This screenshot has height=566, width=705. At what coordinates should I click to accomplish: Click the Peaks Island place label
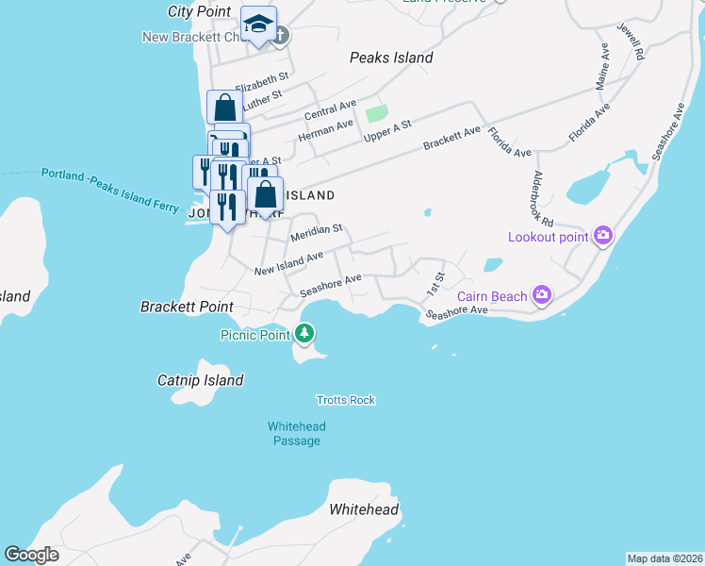click(x=391, y=58)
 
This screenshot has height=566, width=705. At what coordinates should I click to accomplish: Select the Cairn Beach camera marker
click(x=541, y=296)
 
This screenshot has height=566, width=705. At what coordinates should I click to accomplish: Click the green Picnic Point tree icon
click(x=304, y=333)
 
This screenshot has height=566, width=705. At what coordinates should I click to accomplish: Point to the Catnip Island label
click(x=200, y=380)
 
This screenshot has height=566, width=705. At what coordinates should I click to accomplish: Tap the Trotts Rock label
click(x=346, y=400)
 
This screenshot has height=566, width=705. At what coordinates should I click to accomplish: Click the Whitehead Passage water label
click(x=297, y=433)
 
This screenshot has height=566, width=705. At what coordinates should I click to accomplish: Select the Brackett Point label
click(x=187, y=307)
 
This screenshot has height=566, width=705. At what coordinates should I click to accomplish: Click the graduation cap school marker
click(x=257, y=25)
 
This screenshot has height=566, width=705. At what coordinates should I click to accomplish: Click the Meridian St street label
click(x=316, y=231)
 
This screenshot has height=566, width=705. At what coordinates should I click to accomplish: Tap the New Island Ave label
click(x=289, y=263)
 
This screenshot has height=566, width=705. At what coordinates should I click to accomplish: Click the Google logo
click(x=31, y=555)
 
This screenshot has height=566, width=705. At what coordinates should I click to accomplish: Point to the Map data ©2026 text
click(x=664, y=558)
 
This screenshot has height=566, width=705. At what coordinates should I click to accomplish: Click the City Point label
click(x=199, y=11)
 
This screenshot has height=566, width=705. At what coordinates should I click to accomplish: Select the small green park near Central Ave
click(x=376, y=114)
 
